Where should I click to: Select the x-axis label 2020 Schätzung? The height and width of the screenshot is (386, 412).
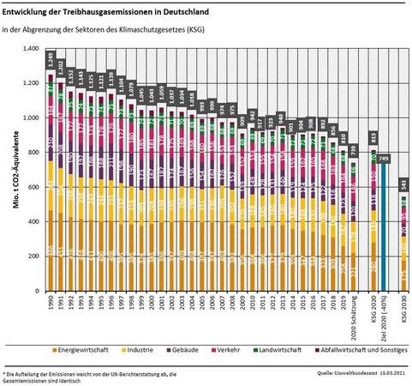355,317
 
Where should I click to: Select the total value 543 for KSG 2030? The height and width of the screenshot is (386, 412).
404,184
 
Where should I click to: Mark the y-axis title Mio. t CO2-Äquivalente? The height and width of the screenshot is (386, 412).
16,169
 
